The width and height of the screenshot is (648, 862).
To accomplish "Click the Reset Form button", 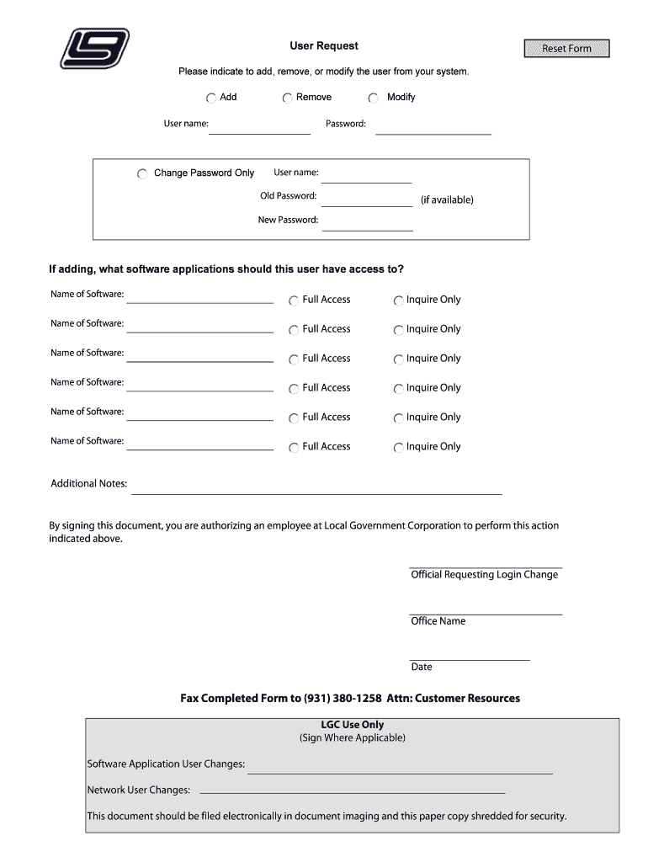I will (566, 49).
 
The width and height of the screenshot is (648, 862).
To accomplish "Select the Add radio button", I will (211, 98).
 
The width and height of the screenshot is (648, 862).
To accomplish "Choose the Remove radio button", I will (288, 98).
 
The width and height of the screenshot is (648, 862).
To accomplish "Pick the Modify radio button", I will (374, 98).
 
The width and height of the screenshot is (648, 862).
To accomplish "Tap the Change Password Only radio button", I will (141, 173).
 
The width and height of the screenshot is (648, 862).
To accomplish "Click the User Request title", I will (324, 45).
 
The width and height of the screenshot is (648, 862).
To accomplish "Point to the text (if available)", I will (447, 200).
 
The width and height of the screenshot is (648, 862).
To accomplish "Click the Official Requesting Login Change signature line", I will (486, 566).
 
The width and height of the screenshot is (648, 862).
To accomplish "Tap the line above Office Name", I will (486, 612).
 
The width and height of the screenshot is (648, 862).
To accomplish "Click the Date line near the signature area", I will (470, 657).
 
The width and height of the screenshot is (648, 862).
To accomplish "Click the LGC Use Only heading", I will (352, 725).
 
